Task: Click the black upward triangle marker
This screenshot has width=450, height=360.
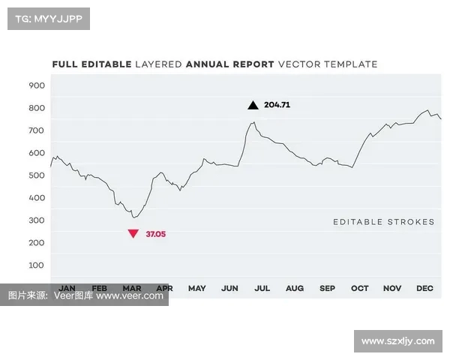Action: (x=253, y=105)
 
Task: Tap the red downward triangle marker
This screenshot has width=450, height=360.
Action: (x=133, y=234)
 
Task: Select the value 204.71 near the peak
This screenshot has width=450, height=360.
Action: (x=277, y=105)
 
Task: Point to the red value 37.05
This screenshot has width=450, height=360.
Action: (x=156, y=234)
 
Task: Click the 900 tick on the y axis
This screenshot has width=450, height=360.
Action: (x=37, y=85)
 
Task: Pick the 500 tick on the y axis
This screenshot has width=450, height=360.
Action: (x=37, y=175)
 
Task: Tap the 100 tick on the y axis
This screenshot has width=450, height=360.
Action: (x=37, y=265)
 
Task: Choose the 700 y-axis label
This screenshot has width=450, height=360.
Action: (x=37, y=130)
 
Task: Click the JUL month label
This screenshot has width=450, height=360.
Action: (x=262, y=288)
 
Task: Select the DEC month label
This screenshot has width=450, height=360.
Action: (x=425, y=288)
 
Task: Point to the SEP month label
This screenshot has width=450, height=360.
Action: (x=328, y=288)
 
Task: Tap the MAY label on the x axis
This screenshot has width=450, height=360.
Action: (x=197, y=288)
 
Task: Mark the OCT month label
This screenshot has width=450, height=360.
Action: (x=360, y=288)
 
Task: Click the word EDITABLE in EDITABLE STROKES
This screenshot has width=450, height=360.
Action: (x=357, y=222)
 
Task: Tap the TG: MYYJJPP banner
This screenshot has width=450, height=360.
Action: (x=48, y=19)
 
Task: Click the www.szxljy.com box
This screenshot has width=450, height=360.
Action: (x=397, y=341)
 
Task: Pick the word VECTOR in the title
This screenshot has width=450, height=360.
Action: (x=298, y=64)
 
